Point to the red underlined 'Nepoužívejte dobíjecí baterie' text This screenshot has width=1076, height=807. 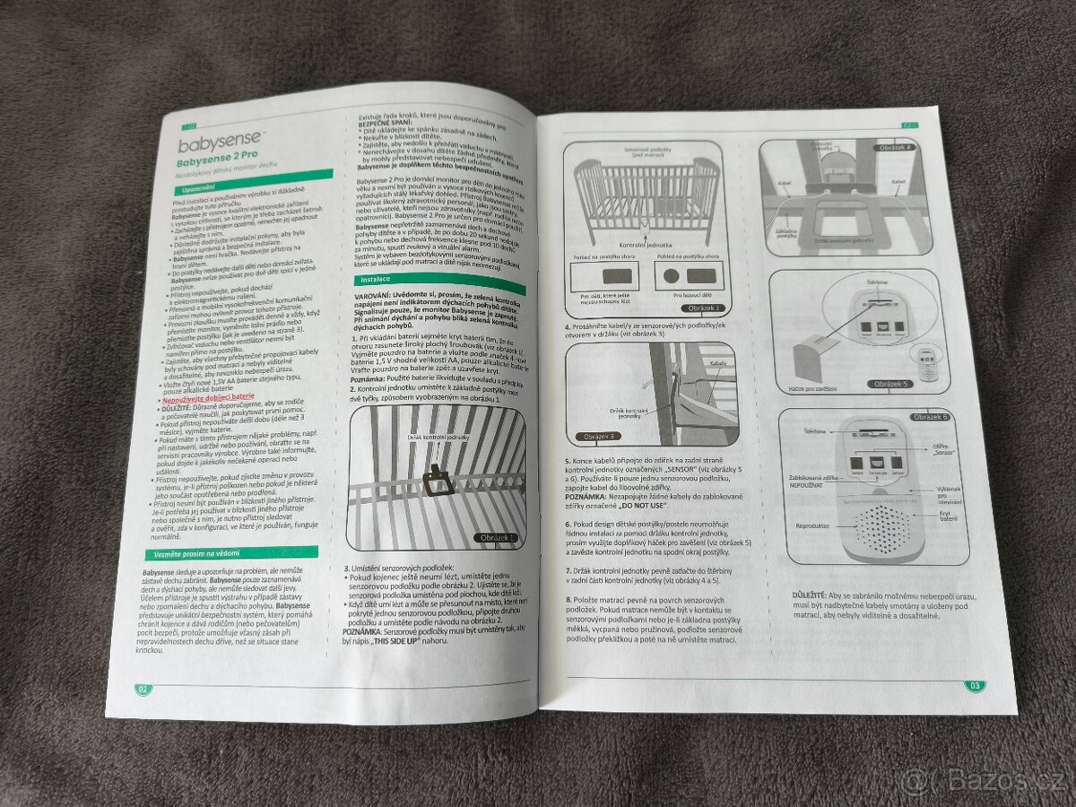coord(206,395)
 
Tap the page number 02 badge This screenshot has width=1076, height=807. coord(143,689)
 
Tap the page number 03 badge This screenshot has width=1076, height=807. coord(975,686)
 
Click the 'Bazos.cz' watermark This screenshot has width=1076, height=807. coord(981,779)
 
